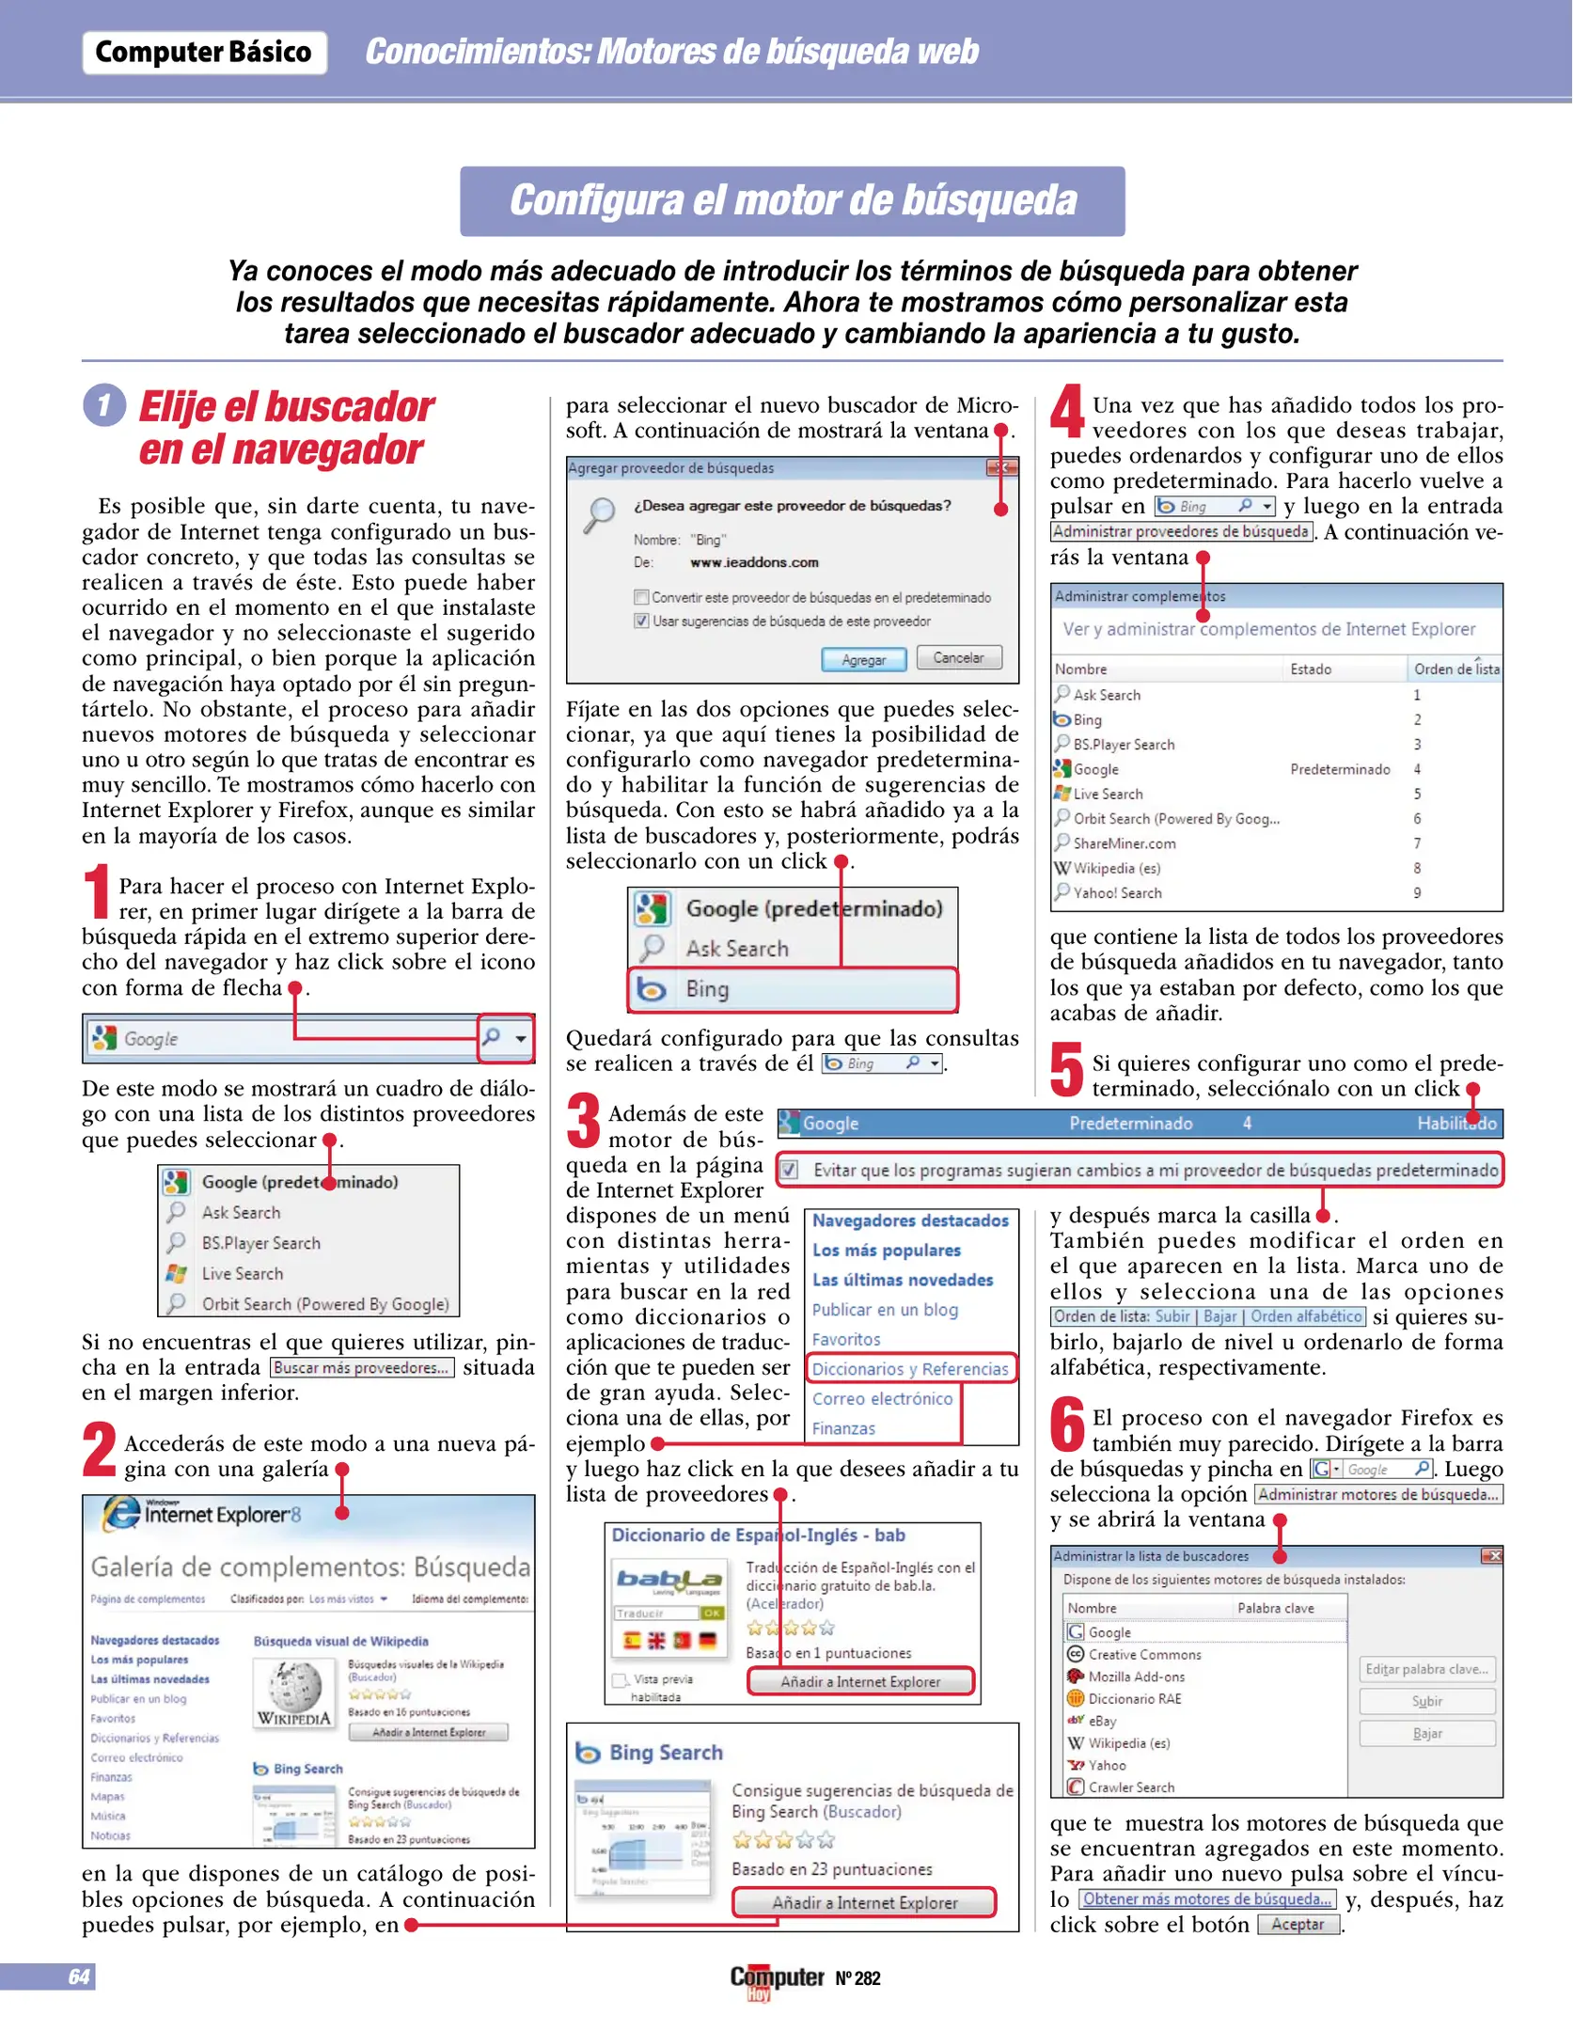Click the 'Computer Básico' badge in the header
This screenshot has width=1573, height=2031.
click(x=204, y=53)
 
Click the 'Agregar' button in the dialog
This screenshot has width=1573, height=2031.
click(x=863, y=660)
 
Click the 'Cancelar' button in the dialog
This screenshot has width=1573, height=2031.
click(x=958, y=658)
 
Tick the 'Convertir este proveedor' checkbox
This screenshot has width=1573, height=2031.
click(x=641, y=597)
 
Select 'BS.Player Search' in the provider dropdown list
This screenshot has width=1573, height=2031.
click(x=260, y=1243)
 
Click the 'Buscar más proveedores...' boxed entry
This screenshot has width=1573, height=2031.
click(x=362, y=1368)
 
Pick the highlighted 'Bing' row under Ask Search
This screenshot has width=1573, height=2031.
click(x=792, y=989)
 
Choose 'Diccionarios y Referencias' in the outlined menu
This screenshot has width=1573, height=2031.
click(x=910, y=1369)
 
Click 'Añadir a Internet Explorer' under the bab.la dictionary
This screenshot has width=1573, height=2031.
click(x=859, y=1681)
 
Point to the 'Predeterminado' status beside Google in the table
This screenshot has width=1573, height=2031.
click(x=1339, y=769)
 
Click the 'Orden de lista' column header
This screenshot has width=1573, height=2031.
click(x=1455, y=669)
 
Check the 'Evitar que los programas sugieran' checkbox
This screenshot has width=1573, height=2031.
click(x=790, y=1170)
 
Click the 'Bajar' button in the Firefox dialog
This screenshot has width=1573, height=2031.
click(x=1426, y=1733)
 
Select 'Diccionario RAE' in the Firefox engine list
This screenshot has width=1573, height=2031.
click(x=1134, y=1698)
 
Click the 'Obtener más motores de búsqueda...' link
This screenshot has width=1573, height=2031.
click(x=1206, y=1898)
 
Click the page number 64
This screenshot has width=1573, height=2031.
click(x=79, y=1976)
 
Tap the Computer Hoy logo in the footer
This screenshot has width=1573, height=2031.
click(x=777, y=1979)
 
